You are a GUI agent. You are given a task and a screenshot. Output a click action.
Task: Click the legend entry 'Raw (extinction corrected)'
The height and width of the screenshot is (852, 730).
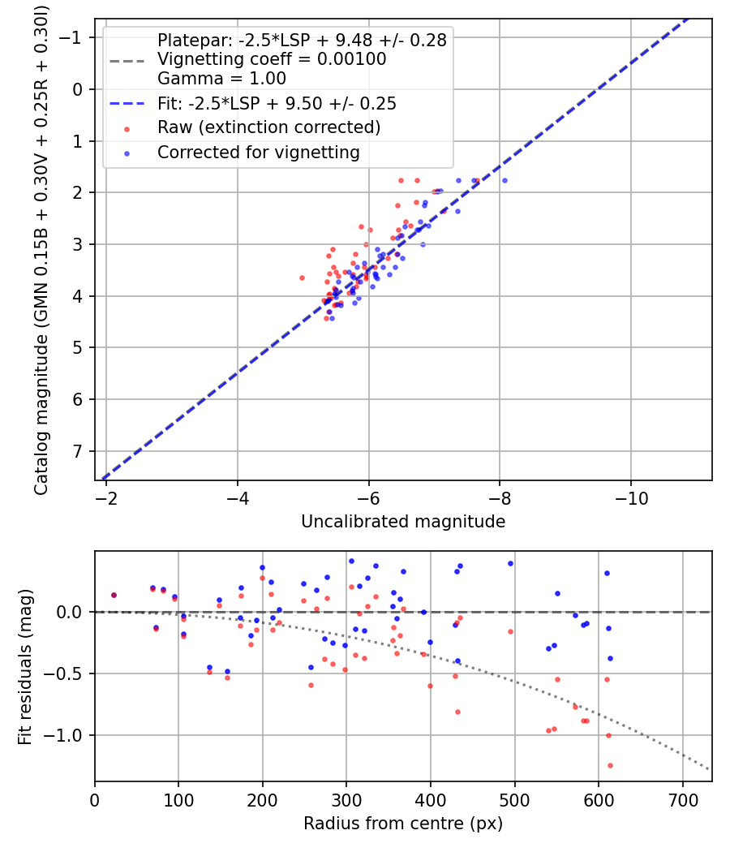[268, 127]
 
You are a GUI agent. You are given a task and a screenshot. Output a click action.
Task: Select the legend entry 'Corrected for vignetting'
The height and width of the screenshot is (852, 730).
[259, 153]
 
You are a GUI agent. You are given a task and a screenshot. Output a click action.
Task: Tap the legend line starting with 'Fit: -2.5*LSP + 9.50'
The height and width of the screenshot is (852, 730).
[277, 103]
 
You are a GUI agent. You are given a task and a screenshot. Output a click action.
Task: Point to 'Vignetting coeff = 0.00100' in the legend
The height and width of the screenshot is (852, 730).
[272, 58]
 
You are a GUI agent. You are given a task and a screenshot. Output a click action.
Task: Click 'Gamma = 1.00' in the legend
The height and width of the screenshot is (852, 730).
[221, 78]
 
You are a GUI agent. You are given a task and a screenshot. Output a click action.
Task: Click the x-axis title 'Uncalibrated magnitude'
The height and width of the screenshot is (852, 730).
[403, 522]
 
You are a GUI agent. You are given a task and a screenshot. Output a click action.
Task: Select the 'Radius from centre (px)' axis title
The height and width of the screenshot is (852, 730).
[403, 824]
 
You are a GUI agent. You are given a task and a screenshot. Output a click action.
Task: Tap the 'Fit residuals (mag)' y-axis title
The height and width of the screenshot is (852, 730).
[25, 667]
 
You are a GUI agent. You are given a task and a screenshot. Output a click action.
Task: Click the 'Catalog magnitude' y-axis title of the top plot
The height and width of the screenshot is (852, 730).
[41, 251]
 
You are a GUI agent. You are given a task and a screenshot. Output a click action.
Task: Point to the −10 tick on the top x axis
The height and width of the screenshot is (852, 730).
[631, 498]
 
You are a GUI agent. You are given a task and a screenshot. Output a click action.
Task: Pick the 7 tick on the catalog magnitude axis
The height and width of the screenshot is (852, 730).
[78, 451]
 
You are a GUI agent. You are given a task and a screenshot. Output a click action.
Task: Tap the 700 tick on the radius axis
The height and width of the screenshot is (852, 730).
[683, 800]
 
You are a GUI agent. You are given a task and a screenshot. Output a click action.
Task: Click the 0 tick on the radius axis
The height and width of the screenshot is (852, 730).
[95, 800]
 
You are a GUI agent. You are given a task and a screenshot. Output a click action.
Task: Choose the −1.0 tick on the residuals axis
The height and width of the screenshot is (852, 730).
[62, 736]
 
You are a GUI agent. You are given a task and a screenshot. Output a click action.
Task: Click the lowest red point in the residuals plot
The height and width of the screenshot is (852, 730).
[610, 766]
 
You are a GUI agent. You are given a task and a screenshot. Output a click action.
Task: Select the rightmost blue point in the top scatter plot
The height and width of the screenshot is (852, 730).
[505, 180]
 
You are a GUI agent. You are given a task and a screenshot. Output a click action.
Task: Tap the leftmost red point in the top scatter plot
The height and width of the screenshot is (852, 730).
[302, 278]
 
